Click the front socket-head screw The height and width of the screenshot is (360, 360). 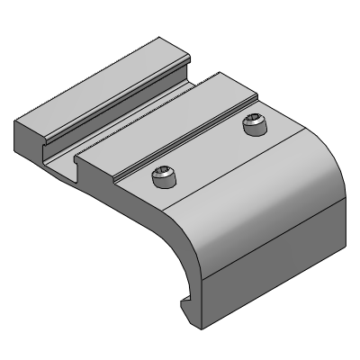point(163,178)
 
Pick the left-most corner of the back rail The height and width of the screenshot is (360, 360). point(15,121)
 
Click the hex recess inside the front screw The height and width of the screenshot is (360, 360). point(163,175)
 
